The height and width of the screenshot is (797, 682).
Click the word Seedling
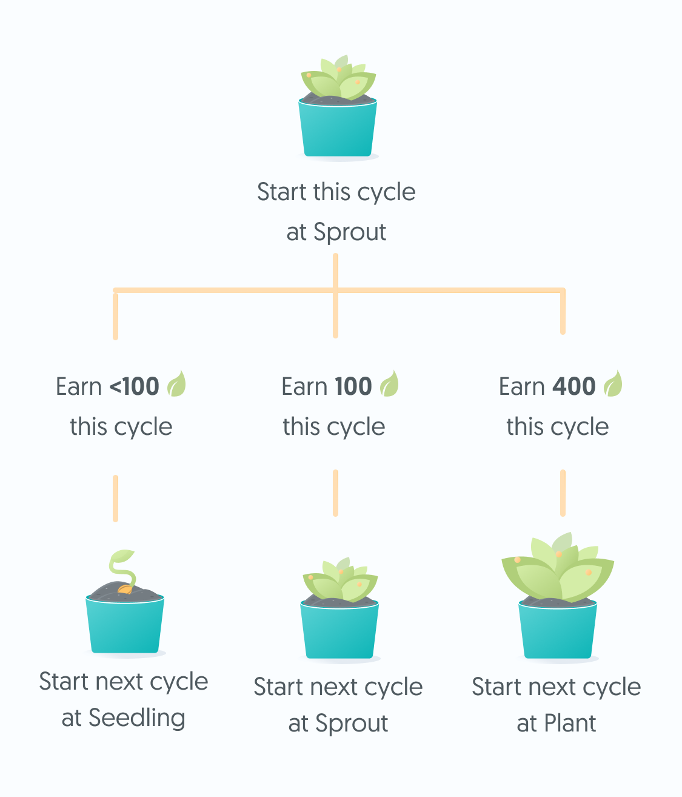137,718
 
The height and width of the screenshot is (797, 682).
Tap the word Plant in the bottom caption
570,723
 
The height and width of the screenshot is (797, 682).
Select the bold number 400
573,386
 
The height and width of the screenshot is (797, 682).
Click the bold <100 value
135,386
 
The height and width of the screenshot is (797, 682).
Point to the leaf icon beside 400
613,383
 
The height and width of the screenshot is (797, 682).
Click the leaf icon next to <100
176,383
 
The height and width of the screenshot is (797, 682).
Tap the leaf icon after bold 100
389,383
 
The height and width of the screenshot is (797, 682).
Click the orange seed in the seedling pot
124,589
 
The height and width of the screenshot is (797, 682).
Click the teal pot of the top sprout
338,128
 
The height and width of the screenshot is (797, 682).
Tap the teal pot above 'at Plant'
558,630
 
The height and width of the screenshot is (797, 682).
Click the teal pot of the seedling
125,625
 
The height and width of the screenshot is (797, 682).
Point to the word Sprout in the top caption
350,233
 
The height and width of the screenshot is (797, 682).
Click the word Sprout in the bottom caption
352,724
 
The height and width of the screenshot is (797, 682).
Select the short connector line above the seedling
116,499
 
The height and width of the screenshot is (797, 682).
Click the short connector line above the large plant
563,493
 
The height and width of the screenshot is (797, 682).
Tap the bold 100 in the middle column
353,386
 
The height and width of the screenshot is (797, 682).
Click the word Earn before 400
522,386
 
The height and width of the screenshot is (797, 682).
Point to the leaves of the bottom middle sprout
341,579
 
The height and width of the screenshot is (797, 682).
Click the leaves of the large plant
558,567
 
